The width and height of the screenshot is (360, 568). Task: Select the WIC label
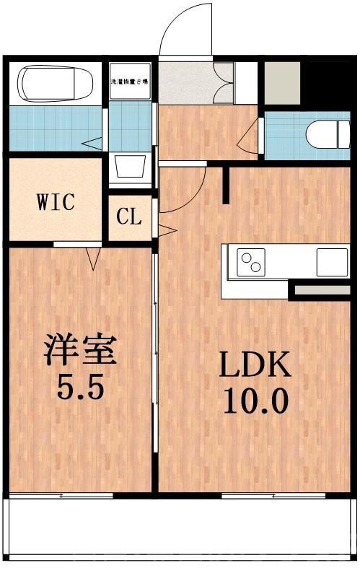(56, 201)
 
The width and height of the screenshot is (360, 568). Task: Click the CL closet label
(130, 217)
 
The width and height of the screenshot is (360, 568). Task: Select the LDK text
(255, 367)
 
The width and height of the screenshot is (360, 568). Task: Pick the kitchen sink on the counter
(332, 261)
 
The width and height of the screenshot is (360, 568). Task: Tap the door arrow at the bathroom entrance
(92, 142)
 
